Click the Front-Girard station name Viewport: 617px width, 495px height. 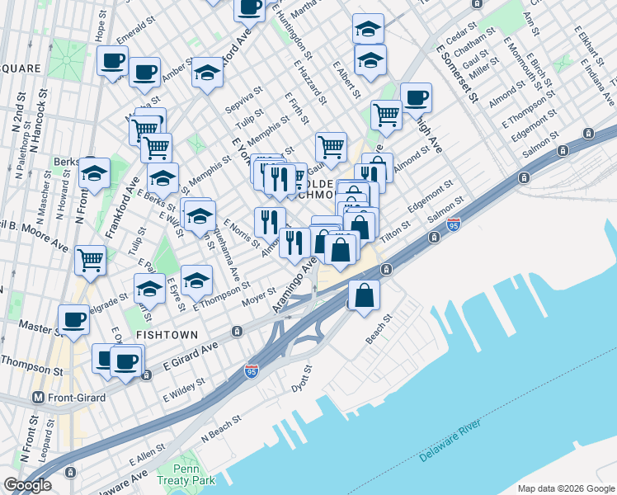80,396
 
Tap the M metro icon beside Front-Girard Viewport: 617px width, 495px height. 37,396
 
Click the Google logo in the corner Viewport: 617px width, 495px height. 27,484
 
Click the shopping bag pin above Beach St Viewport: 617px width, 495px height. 364,295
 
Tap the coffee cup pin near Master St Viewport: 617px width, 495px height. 73,320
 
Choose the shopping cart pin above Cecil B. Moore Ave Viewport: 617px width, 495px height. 90,260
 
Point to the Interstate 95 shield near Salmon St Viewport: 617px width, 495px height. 454,224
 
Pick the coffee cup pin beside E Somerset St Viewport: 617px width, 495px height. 416,98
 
